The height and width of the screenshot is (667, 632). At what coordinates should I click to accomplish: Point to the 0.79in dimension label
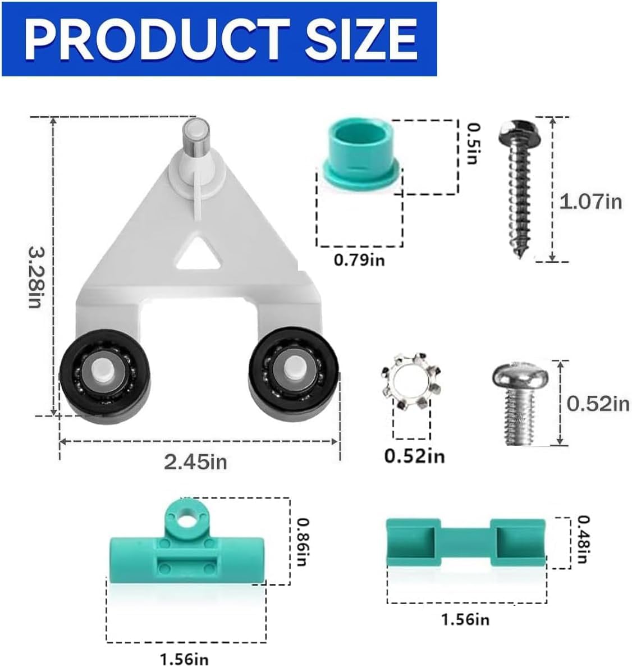click(x=359, y=260)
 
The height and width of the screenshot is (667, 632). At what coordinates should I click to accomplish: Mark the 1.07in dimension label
click(x=591, y=202)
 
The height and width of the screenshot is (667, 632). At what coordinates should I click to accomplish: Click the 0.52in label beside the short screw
click(x=597, y=403)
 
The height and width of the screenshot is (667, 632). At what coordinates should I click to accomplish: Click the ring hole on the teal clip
click(x=184, y=520)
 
